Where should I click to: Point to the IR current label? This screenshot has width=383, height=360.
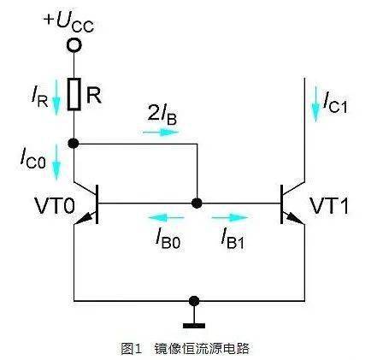click(38, 96)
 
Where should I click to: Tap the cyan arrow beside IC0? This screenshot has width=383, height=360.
click(56, 161)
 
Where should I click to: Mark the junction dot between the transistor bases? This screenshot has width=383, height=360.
click(197, 204)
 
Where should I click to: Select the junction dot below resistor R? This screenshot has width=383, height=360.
click(75, 145)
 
